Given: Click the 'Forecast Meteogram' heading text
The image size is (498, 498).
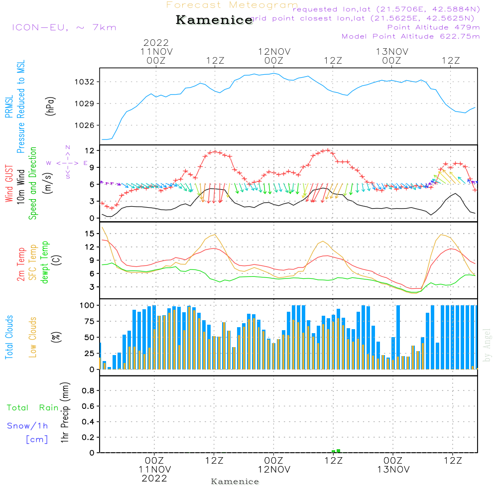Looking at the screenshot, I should coord(232,5).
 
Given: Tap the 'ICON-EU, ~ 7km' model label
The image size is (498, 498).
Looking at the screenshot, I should coord(64,27).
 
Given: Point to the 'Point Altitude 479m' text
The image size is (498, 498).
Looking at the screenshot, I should coord(433,27).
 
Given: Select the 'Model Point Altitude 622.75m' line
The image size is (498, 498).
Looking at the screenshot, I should coord(411,36).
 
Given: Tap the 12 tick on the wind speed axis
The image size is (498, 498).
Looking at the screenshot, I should coord(90,150).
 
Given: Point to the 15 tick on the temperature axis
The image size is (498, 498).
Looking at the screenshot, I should coord(90,234).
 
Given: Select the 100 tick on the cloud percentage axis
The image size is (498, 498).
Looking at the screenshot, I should coord(87,305).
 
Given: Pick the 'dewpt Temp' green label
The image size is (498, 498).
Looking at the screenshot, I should coord(45,262).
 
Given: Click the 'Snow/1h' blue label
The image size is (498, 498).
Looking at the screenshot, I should coord(28,426).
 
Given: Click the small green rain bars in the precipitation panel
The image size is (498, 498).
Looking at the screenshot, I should coord(336,451).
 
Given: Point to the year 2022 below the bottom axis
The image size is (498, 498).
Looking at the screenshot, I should coord(154,478).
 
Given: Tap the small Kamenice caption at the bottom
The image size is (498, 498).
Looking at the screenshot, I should coord(235,482).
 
